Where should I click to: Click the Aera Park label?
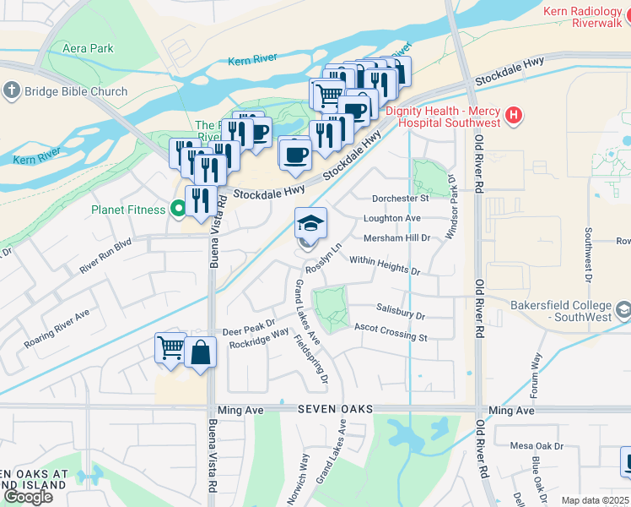[x=88, y=48]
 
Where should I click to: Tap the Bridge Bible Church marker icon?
[x=12, y=90]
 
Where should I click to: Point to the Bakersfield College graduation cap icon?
[x=623, y=310]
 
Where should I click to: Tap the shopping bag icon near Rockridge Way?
[x=201, y=352]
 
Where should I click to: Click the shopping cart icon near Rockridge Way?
[x=170, y=348]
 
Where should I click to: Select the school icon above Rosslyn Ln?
[x=310, y=223]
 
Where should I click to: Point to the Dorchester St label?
[x=401, y=199]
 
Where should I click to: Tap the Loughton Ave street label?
[x=391, y=218]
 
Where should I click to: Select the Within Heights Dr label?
[x=385, y=265]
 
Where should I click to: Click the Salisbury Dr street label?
[x=401, y=313]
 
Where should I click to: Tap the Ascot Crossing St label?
[x=390, y=332]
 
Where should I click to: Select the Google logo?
[x=28, y=497]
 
